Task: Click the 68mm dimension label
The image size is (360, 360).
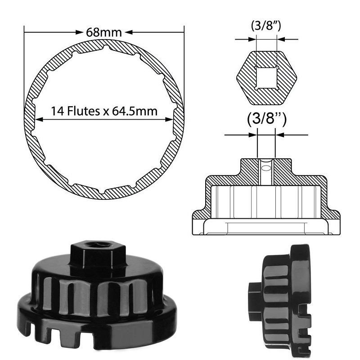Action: (104, 32)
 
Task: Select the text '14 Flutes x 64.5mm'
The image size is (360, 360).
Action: (104, 111)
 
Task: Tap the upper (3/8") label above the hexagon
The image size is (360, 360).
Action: (266, 26)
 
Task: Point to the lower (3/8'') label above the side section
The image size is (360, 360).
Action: (266, 119)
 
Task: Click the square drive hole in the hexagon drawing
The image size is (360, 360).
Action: (266, 78)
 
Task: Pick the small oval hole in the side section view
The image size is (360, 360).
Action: (266, 168)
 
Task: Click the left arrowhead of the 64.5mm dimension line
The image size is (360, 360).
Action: (39, 119)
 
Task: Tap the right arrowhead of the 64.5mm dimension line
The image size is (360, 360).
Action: (169, 119)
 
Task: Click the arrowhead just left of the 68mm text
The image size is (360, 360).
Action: (79, 32)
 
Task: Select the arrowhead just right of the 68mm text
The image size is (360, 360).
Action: (129, 32)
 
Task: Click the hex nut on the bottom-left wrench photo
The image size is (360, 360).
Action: (98, 256)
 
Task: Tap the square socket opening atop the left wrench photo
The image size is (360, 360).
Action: (98, 245)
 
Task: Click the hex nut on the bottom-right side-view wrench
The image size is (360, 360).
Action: (255, 301)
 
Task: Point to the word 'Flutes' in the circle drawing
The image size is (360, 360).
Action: (83, 111)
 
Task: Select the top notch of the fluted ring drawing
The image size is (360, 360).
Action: (106, 47)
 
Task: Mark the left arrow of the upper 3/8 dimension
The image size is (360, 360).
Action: (252, 39)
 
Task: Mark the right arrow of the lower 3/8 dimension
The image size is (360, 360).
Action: (280, 135)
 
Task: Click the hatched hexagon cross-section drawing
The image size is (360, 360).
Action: (266, 78)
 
